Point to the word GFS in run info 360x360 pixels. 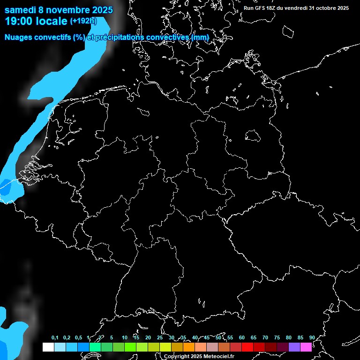pyautogui.click(x=262, y=8)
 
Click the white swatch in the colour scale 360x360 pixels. pyautogui.click(x=48, y=347)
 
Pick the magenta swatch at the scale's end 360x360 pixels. pyautogui.click(x=306, y=347)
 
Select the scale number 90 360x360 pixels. pyautogui.click(x=312, y=337)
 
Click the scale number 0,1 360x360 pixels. pyautogui.click(x=55, y=337)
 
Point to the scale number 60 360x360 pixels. pyautogui.click(x=242, y=337)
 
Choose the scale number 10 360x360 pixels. pyautogui.click(x=124, y=337)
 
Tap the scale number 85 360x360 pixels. pyautogui.click(x=300, y=337)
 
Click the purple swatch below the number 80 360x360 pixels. pyautogui.click(x=294, y=347)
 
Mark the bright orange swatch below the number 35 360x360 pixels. pyautogui.click(x=189, y=347)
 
